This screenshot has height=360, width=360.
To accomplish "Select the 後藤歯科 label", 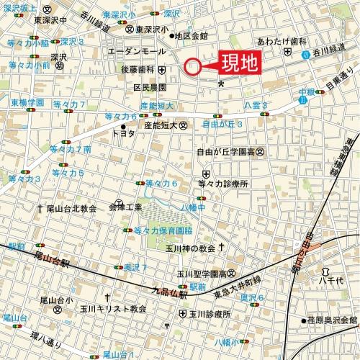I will click(x=138, y=70).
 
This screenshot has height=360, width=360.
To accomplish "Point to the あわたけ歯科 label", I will click(x=276, y=42).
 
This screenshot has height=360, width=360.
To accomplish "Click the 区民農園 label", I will click(x=150, y=87).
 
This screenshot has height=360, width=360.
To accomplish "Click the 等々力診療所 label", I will click(x=222, y=184).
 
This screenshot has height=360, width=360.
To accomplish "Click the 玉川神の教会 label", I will click(x=189, y=248).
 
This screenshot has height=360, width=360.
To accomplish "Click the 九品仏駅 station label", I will click(x=169, y=292).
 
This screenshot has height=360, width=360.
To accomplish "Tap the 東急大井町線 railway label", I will click(x=237, y=284).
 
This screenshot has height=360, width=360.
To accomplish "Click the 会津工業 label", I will click(x=125, y=207).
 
